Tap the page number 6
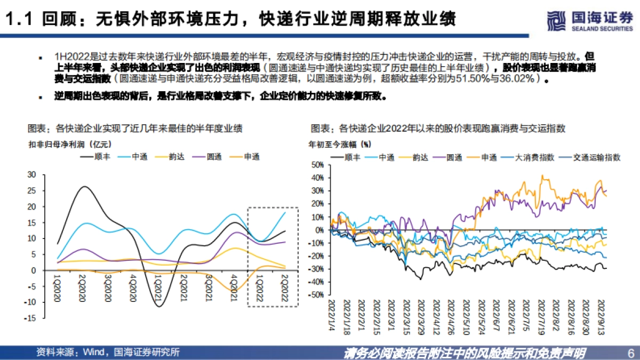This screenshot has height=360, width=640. point(630,353)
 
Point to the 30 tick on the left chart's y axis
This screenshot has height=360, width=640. point(31,174)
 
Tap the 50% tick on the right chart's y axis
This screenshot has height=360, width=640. point(318,166)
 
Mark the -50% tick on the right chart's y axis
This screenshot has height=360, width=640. point(317,295)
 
